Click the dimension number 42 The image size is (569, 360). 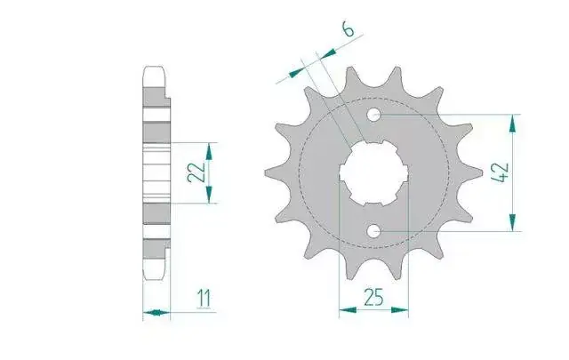pyautogui.click(x=501, y=172)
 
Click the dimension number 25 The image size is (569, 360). pyautogui.click(x=373, y=298)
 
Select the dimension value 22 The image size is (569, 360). pyautogui.click(x=196, y=172)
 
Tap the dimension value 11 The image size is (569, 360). pyautogui.click(x=204, y=299)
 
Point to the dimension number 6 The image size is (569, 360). pyautogui.click(x=348, y=29)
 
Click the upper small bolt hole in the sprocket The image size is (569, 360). pyautogui.click(x=373, y=115)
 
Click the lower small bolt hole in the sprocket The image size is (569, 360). pyautogui.click(x=373, y=230)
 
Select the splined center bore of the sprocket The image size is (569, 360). pyautogui.click(x=373, y=172)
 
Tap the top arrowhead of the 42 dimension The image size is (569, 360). pyautogui.click(x=512, y=124)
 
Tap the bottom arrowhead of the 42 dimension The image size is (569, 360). pyautogui.click(x=512, y=222)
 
